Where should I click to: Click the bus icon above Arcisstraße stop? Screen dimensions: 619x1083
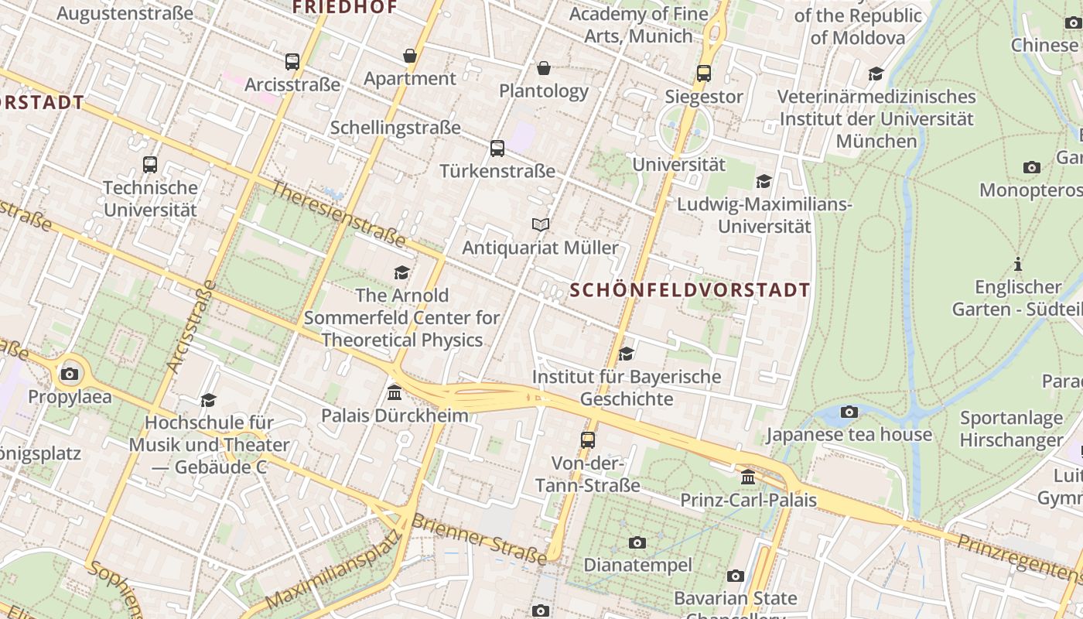tap(292, 62)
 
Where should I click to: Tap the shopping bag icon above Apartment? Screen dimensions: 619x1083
tap(409, 56)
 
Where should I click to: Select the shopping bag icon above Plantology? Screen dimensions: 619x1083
tap(544, 68)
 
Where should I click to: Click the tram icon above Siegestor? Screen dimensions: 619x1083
tap(703, 74)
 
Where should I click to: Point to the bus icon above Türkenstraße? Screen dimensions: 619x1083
tap(497, 148)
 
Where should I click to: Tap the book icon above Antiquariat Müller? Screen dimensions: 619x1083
tap(541, 225)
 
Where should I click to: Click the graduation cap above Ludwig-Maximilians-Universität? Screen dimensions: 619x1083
tap(764, 182)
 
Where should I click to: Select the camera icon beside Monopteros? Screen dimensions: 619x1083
tap(1031, 168)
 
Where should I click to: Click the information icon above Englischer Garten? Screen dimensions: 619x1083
tap(1018, 265)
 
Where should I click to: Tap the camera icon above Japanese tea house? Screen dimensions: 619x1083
tap(849, 412)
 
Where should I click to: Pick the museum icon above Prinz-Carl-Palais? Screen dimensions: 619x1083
tap(747, 477)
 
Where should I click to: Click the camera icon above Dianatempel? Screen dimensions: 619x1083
tap(637, 542)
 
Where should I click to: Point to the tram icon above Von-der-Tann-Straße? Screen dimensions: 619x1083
tap(588, 440)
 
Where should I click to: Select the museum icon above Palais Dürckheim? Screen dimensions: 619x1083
tap(395, 392)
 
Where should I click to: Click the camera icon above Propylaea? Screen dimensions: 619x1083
tap(70, 374)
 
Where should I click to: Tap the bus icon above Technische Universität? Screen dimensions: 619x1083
tap(150, 165)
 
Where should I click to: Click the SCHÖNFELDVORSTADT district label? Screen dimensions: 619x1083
tap(690, 290)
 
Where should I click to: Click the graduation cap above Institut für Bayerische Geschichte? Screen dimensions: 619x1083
tap(626, 354)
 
